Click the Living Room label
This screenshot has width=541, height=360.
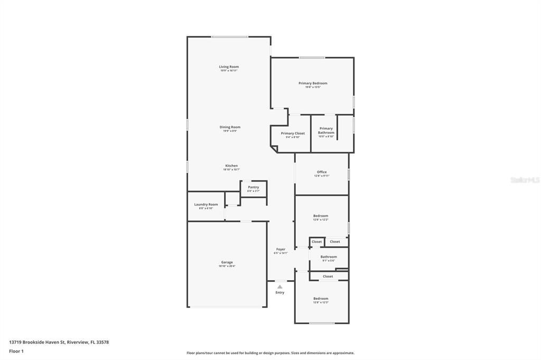click(229, 67)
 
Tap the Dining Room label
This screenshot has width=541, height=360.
click(230, 127)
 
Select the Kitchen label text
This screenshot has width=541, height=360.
click(231, 166)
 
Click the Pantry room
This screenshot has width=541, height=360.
click(253, 188)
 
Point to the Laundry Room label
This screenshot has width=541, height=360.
click(206, 205)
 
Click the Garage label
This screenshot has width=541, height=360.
click(227, 262)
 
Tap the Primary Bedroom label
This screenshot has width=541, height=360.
click(313, 83)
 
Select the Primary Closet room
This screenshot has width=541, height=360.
click(293, 135)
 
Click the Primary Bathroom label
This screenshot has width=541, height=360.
click(326, 130)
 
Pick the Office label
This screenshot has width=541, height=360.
click(321, 172)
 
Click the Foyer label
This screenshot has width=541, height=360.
click(281, 249)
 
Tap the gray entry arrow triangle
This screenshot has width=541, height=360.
click(280, 287)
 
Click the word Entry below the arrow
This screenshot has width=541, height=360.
click(280, 292)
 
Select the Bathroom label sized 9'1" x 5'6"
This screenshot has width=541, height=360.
click(328, 257)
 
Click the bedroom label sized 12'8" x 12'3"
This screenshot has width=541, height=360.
click(321, 299)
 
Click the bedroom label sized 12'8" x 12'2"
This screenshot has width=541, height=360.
click(321, 216)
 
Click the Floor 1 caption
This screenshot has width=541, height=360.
click(16, 351)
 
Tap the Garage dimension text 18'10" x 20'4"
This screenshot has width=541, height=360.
click(227, 266)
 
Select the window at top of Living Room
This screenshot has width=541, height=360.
click(230, 36)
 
